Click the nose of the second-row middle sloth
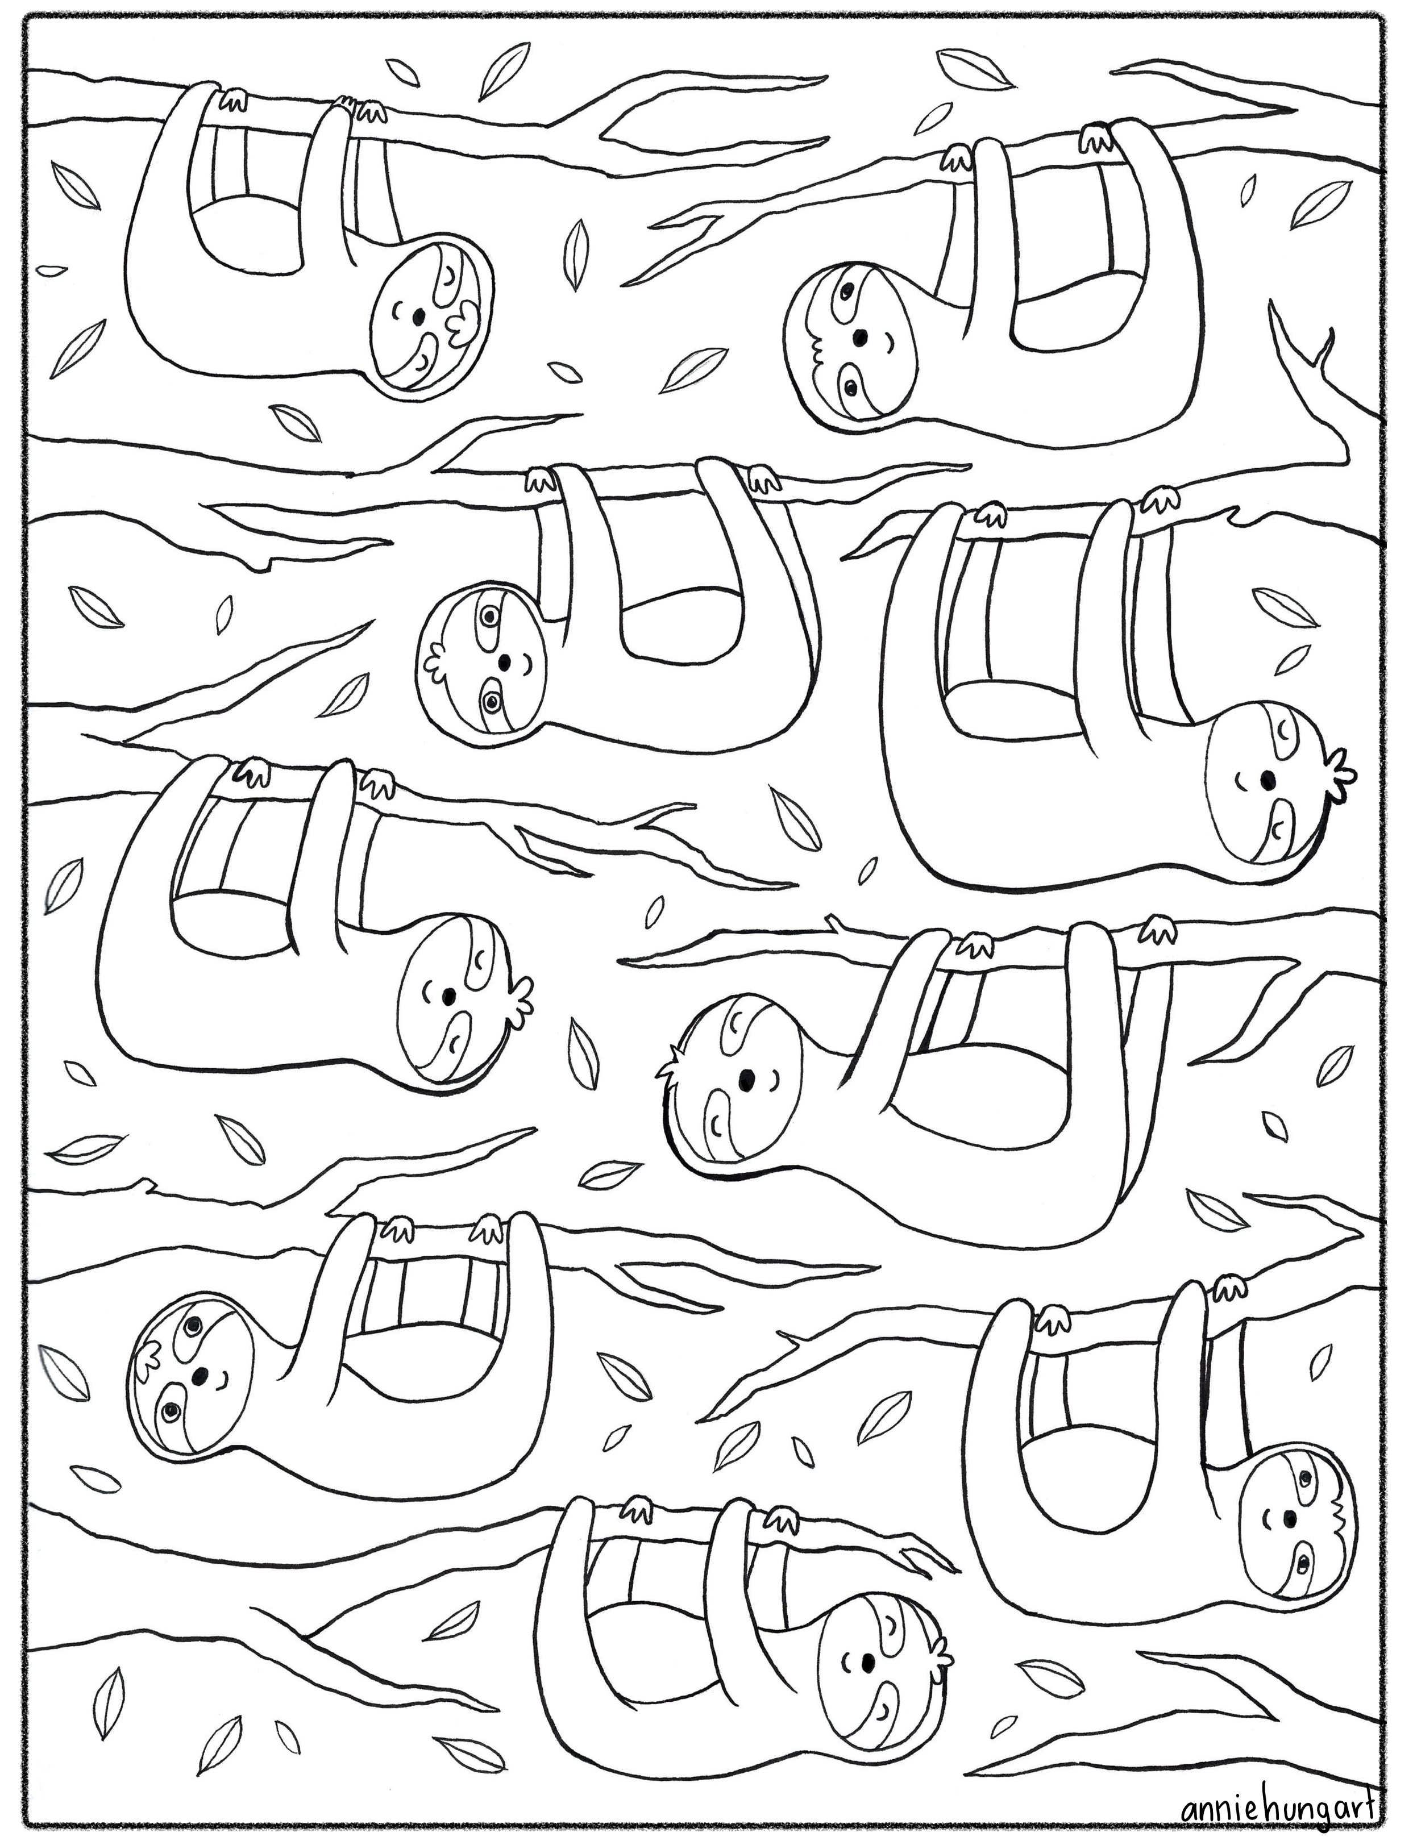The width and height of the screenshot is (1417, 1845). coord(504,660)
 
